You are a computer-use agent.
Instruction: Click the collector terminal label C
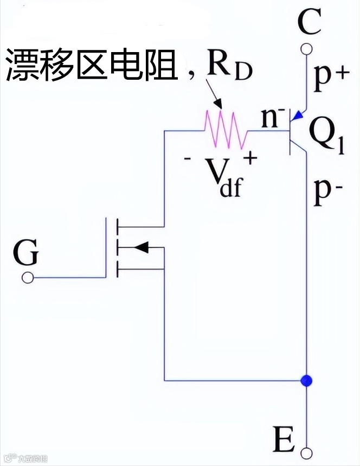[310, 22]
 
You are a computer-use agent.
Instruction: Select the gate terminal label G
[25, 253]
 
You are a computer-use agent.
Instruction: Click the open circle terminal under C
[307, 50]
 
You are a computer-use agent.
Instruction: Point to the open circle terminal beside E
[307, 451]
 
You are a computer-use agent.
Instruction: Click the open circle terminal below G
[27, 278]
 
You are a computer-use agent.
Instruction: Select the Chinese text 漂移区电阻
[92, 65]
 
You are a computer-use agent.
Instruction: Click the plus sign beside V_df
[250, 158]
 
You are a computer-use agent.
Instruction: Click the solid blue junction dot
[307, 380]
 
